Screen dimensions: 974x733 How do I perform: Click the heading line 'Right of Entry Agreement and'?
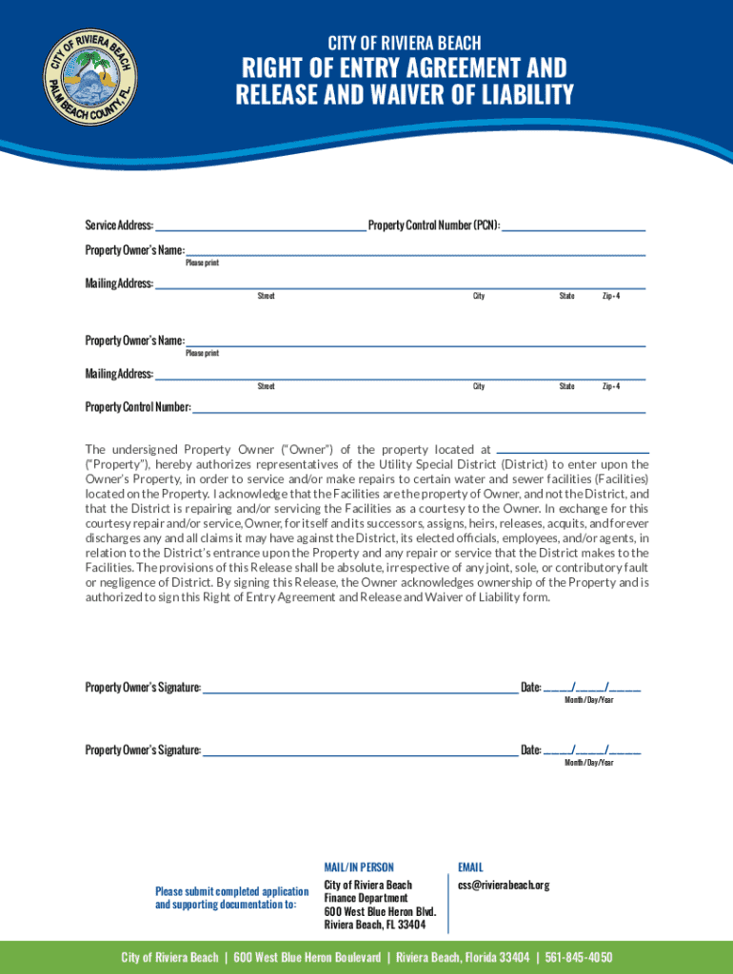coord(405,68)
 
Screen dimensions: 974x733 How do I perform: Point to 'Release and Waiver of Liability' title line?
coord(405,95)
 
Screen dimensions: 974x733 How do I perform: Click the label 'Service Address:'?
coord(119,225)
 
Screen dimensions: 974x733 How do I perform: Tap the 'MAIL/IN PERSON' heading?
coord(359,867)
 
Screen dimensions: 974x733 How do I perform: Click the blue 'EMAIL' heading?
coord(470,867)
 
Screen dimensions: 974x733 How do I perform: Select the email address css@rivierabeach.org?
coord(504,886)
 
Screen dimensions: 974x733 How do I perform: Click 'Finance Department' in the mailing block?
coord(366,898)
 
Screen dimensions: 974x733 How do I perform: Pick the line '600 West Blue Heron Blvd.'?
coord(380,911)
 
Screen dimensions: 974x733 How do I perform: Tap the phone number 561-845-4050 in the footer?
coord(577,957)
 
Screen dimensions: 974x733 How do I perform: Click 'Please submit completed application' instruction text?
coord(231,891)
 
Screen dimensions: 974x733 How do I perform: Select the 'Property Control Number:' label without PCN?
coord(138,407)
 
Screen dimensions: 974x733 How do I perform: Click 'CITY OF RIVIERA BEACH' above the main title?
coord(405,43)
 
